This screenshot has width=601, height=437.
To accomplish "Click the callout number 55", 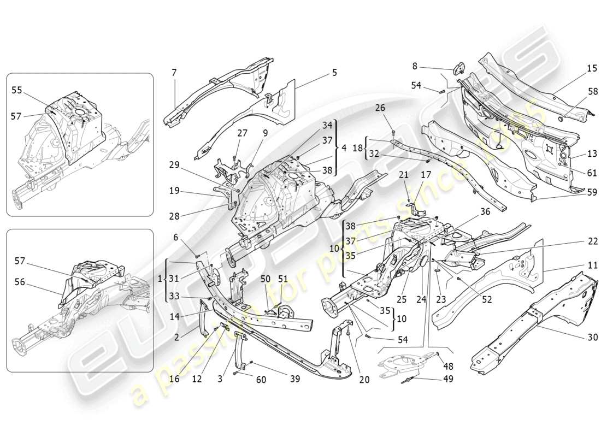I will (x=16, y=90).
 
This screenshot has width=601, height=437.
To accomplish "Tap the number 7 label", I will (x=174, y=73).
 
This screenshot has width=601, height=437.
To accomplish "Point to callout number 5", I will (x=334, y=72).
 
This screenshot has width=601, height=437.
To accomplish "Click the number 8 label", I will (x=415, y=66).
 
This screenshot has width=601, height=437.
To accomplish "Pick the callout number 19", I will (x=175, y=191).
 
